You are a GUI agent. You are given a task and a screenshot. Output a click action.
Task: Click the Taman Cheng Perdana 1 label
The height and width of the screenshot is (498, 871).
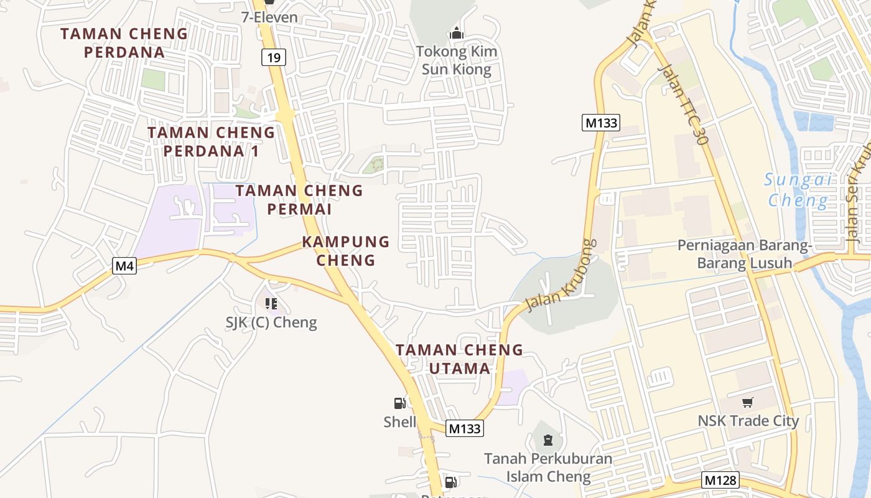click(211, 141)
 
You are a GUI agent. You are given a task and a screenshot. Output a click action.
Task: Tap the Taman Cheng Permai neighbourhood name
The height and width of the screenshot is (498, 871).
click(299, 199)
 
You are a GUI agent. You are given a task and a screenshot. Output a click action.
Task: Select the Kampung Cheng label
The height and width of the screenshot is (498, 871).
click(346, 250)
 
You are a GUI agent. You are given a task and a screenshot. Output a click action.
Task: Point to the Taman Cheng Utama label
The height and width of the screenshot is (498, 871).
click(460, 359)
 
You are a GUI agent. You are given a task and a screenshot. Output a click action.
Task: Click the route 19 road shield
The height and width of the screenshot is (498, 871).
click(273, 58)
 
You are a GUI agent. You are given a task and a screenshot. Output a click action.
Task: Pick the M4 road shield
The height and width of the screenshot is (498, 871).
click(124, 266)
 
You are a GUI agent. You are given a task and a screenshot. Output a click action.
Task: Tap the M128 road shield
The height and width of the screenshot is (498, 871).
click(721, 480)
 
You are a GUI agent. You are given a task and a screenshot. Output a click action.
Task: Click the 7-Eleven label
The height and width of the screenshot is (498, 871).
click(269, 17)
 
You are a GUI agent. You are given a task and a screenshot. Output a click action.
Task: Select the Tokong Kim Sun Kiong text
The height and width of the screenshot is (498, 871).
click(457, 60)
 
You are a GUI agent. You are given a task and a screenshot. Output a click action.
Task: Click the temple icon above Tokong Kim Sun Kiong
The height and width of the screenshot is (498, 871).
click(457, 33)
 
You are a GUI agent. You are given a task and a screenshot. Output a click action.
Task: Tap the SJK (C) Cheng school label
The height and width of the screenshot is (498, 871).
click(271, 322)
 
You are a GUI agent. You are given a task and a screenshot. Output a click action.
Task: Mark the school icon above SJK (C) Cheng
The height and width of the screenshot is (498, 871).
click(271, 304)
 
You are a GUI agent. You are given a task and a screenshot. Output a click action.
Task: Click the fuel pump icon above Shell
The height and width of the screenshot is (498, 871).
click(399, 403)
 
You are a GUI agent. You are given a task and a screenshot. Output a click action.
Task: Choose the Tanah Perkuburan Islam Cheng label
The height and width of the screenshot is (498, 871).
click(548, 467)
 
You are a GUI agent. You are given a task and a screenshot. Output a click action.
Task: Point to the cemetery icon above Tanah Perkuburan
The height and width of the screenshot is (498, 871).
click(547, 440)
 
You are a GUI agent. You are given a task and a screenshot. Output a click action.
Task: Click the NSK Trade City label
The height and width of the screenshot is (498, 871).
click(748, 421)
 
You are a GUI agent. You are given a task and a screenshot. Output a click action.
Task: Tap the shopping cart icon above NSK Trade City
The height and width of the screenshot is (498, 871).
click(748, 402)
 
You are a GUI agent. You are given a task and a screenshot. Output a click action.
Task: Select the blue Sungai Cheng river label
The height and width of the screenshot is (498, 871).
click(798, 190)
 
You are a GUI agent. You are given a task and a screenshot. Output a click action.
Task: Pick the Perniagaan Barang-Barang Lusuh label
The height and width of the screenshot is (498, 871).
click(745, 254)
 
